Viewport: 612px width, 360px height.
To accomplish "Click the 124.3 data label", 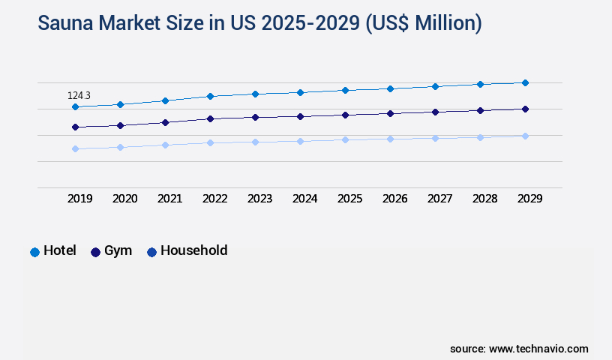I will [x=79, y=95].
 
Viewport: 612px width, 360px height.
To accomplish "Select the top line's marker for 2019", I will [x=75, y=107].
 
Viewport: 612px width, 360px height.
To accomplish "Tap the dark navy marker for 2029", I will [x=525, y=109].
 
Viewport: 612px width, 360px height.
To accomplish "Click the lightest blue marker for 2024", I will [x=300, y=141].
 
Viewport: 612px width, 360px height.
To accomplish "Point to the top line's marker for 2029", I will [x=525, y=82].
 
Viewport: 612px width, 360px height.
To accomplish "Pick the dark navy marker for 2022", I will [x=210, y=118].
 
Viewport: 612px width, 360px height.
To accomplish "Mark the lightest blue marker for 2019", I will [x=75, y=148].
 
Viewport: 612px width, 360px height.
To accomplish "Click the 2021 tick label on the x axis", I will [x=169, y=199].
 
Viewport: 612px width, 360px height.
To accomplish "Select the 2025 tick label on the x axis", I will [x=349, y=199].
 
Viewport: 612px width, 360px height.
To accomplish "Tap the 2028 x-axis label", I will [x=484, y=199].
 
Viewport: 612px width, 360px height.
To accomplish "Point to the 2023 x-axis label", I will [x=259, y=199].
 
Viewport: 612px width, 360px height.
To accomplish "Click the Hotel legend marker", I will [x=34, y=252].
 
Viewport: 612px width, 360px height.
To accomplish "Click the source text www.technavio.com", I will [x=538, y=349].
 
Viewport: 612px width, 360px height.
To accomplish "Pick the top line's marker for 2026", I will [x=390, y=88].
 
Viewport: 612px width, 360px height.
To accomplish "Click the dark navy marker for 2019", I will [x=75, y=127].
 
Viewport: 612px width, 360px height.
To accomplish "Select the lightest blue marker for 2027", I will [x=435, y=138].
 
